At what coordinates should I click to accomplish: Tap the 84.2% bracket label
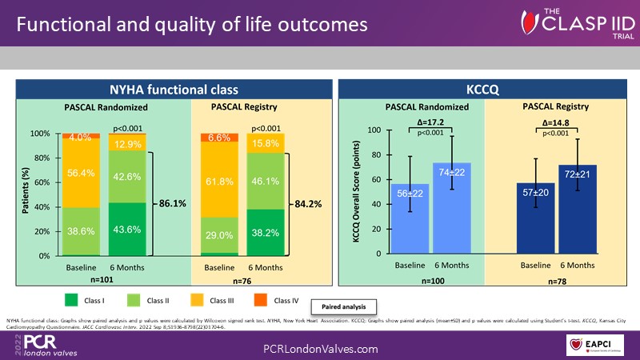tap(307, 203)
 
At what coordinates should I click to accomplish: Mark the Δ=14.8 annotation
tap(550, 124)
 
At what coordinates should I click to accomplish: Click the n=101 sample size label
tap(102, 281)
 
